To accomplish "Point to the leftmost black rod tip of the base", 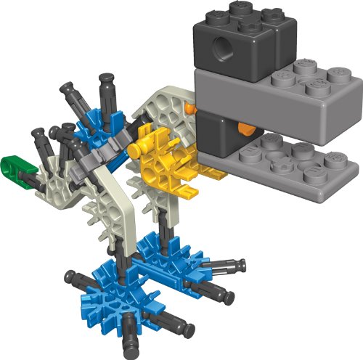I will point(70,275).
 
